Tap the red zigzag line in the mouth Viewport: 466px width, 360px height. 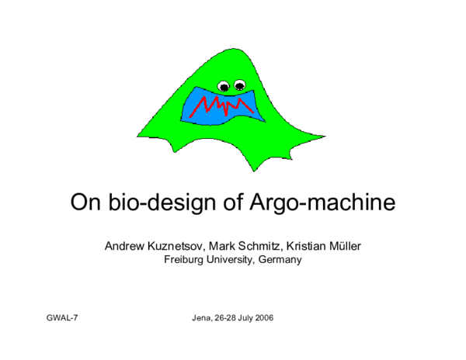coord(225,104)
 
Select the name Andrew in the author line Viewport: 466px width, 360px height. coord(125,246)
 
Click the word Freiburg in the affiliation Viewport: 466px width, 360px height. coord(183,260)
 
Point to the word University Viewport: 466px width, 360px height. coord(231,260)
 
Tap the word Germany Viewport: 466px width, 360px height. coord(280,260)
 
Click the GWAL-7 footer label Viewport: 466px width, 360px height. coord(63,319)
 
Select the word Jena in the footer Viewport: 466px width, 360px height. coord(201,319)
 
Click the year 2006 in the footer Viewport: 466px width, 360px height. coord(263,319)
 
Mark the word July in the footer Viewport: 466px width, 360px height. coord(243,319)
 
